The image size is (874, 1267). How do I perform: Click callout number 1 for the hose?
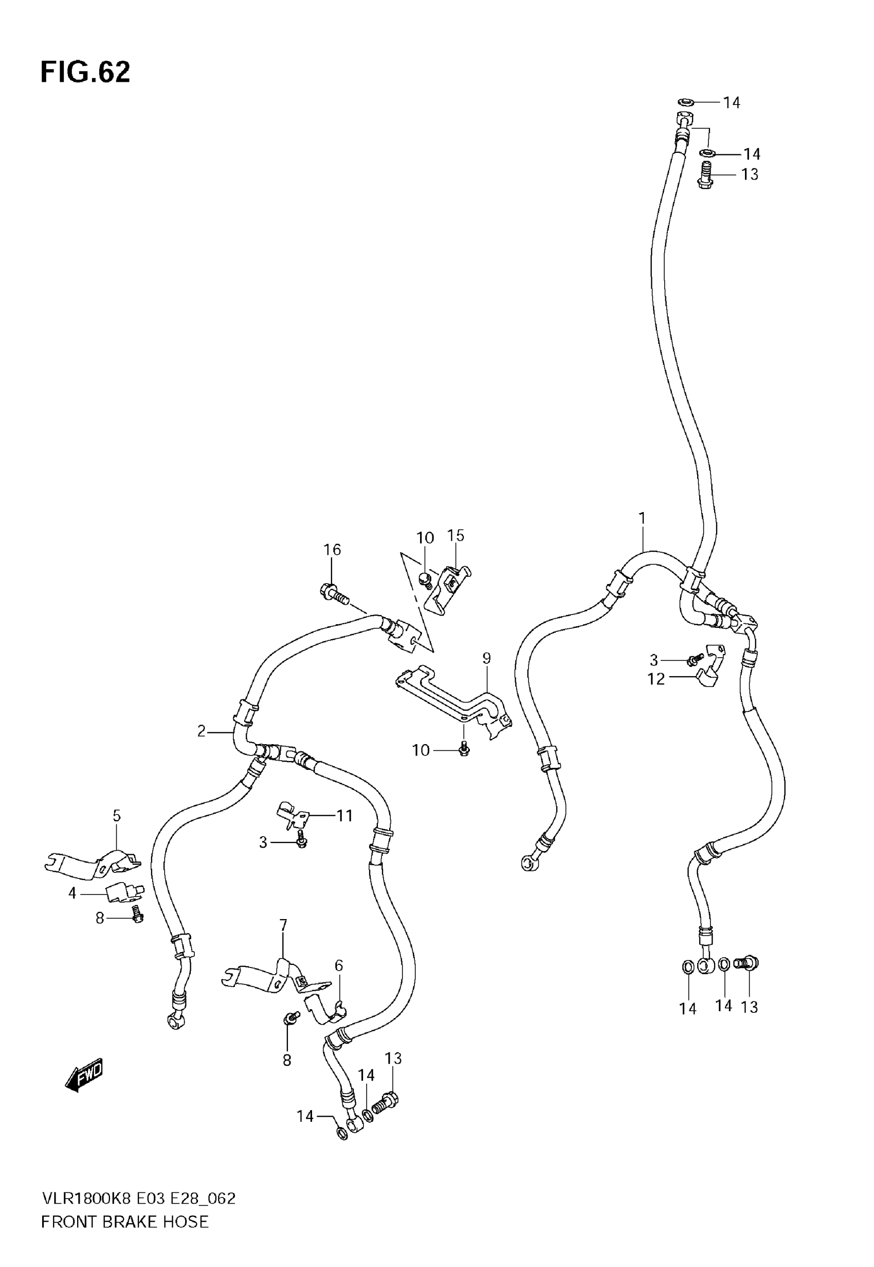click(642, 518)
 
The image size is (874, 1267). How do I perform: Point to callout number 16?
click(332, 550)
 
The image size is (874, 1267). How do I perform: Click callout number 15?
click(456, 535)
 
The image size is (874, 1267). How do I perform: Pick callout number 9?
click(486, 658)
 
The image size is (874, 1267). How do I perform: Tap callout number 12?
click(655, 679)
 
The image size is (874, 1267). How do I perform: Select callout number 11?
click(344, 816)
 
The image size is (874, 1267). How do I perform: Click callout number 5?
click(117, 816)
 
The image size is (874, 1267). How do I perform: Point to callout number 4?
click(72, 893)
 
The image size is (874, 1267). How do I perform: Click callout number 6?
click(339, 965)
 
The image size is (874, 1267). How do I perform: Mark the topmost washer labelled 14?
click(686, 102)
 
